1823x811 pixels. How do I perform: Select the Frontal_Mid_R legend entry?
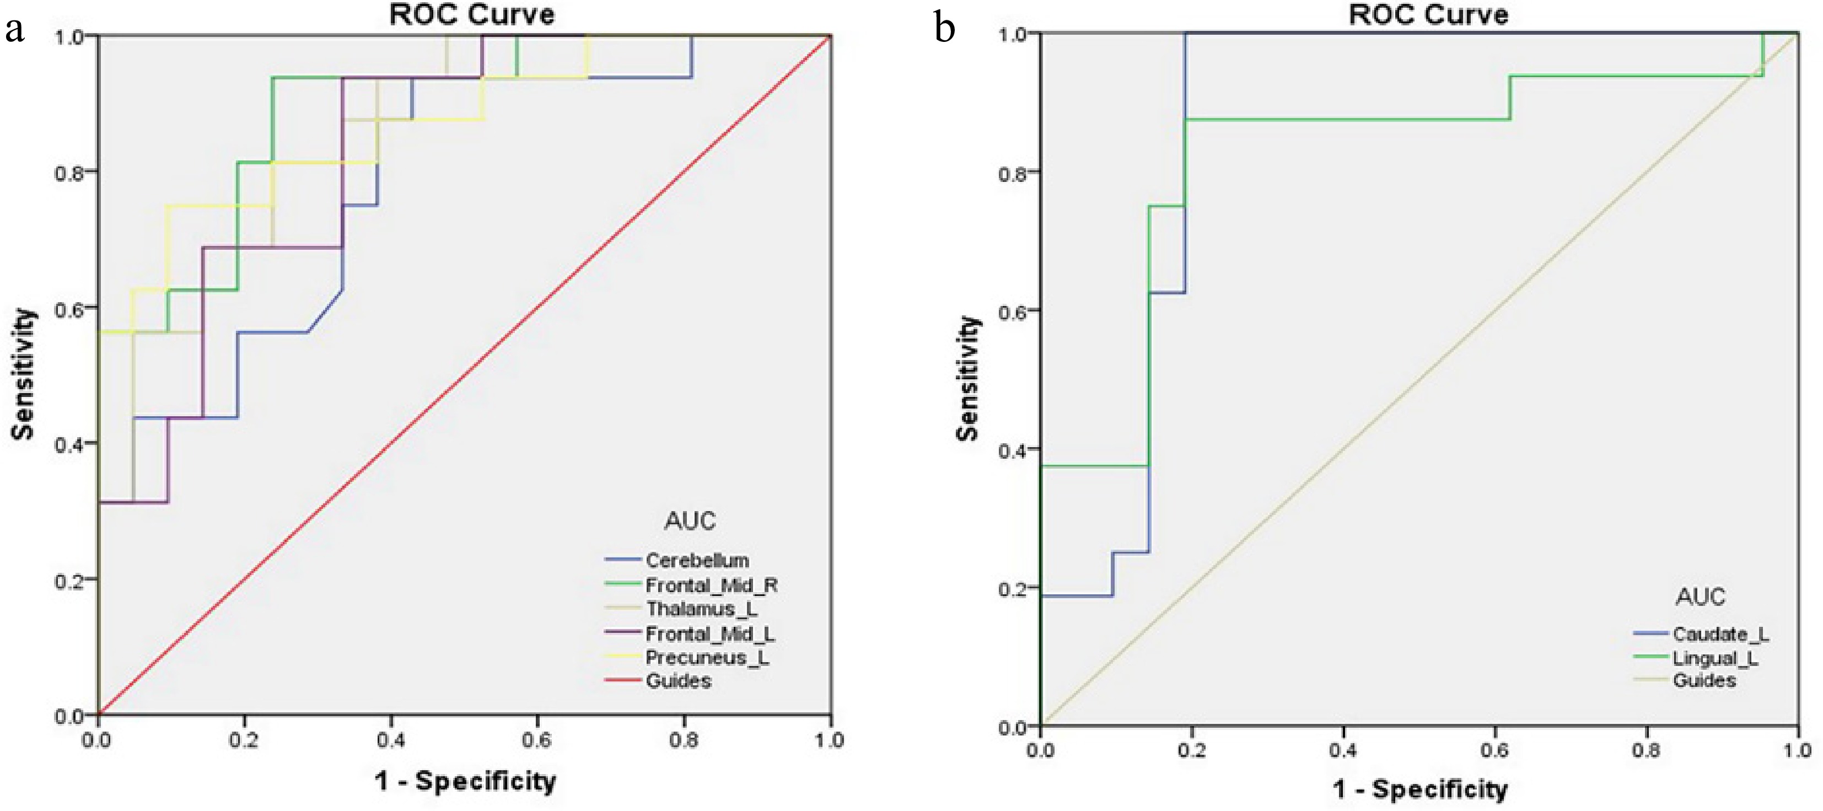click(711, 586)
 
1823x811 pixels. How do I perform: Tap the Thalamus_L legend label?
click(701, 609)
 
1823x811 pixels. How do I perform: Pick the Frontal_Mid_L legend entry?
click(709, 633)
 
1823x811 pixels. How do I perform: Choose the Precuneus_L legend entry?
click(706, 657)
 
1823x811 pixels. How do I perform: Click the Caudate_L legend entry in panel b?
click(1720, 634)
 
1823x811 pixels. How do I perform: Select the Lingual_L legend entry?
click(1714, 658)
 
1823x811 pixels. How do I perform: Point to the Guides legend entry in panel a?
click(678, 681)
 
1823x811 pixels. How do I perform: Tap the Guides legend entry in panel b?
click(1704, 681)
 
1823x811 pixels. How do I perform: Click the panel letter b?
click(944, 30)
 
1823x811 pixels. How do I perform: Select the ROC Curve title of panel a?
click(472, 14)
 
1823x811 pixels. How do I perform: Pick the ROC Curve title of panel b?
click(1428, 14)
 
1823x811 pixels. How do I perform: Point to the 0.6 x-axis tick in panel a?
click(536, 740)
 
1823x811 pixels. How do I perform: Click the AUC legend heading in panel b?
click(1700, 597)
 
